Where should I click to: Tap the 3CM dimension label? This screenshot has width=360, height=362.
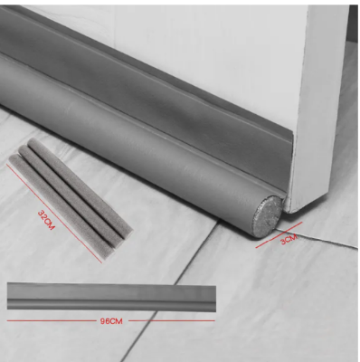point(288,241)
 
